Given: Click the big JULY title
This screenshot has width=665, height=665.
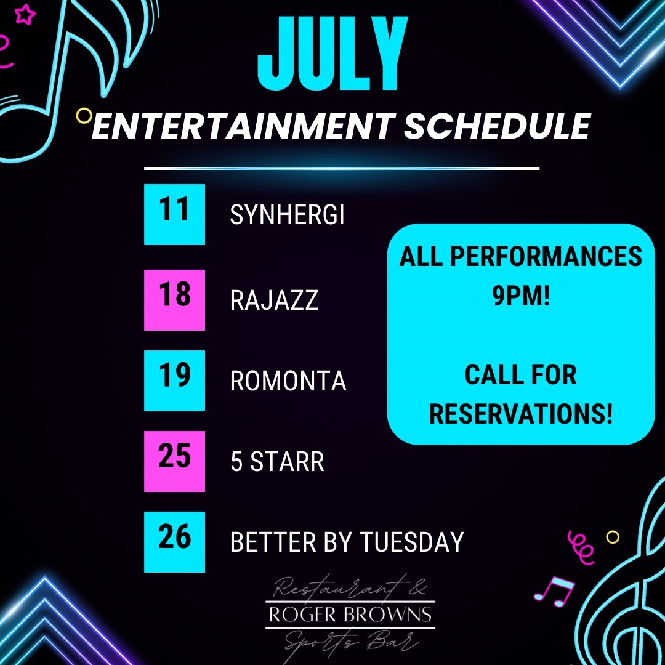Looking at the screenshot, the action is (x=332, y=53).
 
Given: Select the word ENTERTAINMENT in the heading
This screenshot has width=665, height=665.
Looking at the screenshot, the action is (x=241, y=126).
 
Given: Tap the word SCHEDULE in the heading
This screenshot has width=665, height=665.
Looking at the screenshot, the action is (x=497, y=126).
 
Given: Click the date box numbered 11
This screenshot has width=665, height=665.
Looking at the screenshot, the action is (x=174, y=214).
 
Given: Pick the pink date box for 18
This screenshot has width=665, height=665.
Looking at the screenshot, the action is (x=174, y=300).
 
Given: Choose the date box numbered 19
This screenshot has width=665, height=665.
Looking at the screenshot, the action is (x=174, y=381).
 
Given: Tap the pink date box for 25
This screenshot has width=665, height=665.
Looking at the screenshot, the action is (x=174, y=461).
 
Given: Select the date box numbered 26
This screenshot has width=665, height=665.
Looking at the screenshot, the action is (x=174, y=542).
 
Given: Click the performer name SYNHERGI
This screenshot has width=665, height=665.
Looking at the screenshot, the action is (x=287, y=214).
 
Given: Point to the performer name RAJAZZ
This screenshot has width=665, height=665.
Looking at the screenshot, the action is (x=274, y=300).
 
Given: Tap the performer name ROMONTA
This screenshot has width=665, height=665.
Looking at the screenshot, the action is (x=288, y=381).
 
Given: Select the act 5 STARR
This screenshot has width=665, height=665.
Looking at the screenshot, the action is (x=277, y=461).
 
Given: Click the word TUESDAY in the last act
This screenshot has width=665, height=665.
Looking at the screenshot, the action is (x=412, y=542).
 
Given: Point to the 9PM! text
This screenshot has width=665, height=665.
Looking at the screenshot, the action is (x=521, y=295).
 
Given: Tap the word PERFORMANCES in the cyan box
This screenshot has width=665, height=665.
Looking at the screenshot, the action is (x=546, y=256).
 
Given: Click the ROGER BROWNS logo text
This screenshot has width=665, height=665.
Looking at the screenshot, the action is (x=350, y=615).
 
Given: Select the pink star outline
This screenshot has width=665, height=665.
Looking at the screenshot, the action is (x=25, y=14).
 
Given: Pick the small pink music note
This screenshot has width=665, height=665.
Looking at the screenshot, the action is (x=555, y=591).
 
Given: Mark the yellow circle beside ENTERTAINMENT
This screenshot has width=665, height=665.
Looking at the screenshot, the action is (x=84, y=115).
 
